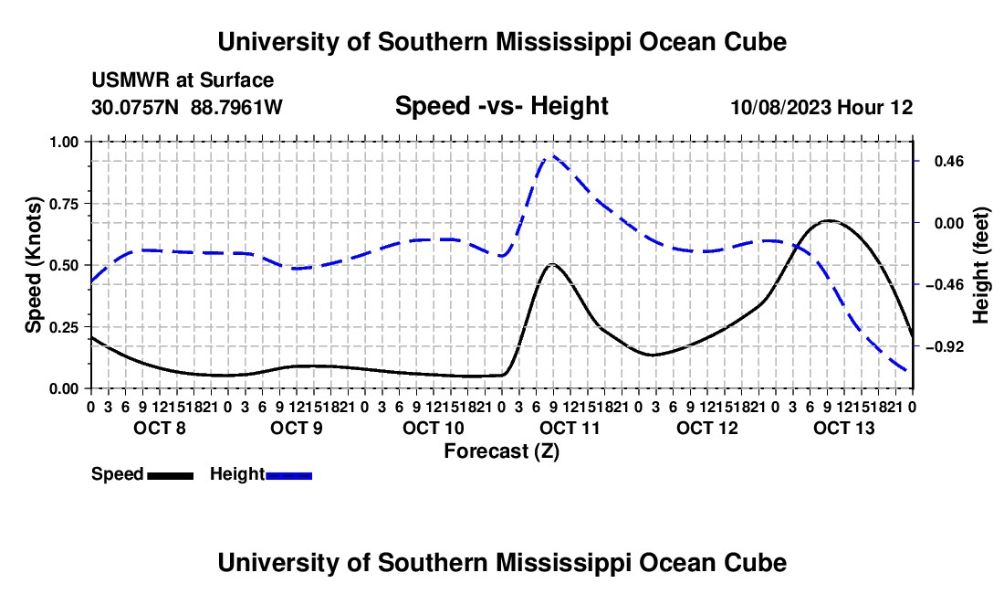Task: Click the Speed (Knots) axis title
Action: (x=33, y=265)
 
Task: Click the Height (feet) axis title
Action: (x=980, y=265)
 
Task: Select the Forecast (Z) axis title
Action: (x=501, y=451)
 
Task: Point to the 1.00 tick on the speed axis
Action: (x=63, y=142)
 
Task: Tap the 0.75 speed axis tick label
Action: (x=63, y=204)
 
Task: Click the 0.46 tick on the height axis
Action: (x=949, y=161)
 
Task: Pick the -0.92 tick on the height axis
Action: (x=945, y=346)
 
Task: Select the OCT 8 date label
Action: (x=160, y=428)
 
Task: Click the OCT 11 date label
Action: (x=570, y=428)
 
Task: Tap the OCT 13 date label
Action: (x=844, y=428)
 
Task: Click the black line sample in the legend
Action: (x=171, y=475)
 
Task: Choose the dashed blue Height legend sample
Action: (x=288, y=475)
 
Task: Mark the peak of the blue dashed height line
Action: (x=550, y=155)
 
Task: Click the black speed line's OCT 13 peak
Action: (x=829, y=220)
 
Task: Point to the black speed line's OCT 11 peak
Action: (x=552, y=264)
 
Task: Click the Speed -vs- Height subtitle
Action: (x=501, y=106)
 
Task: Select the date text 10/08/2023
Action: (x=781, y=107)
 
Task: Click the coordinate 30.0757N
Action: (x=135, y=107)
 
